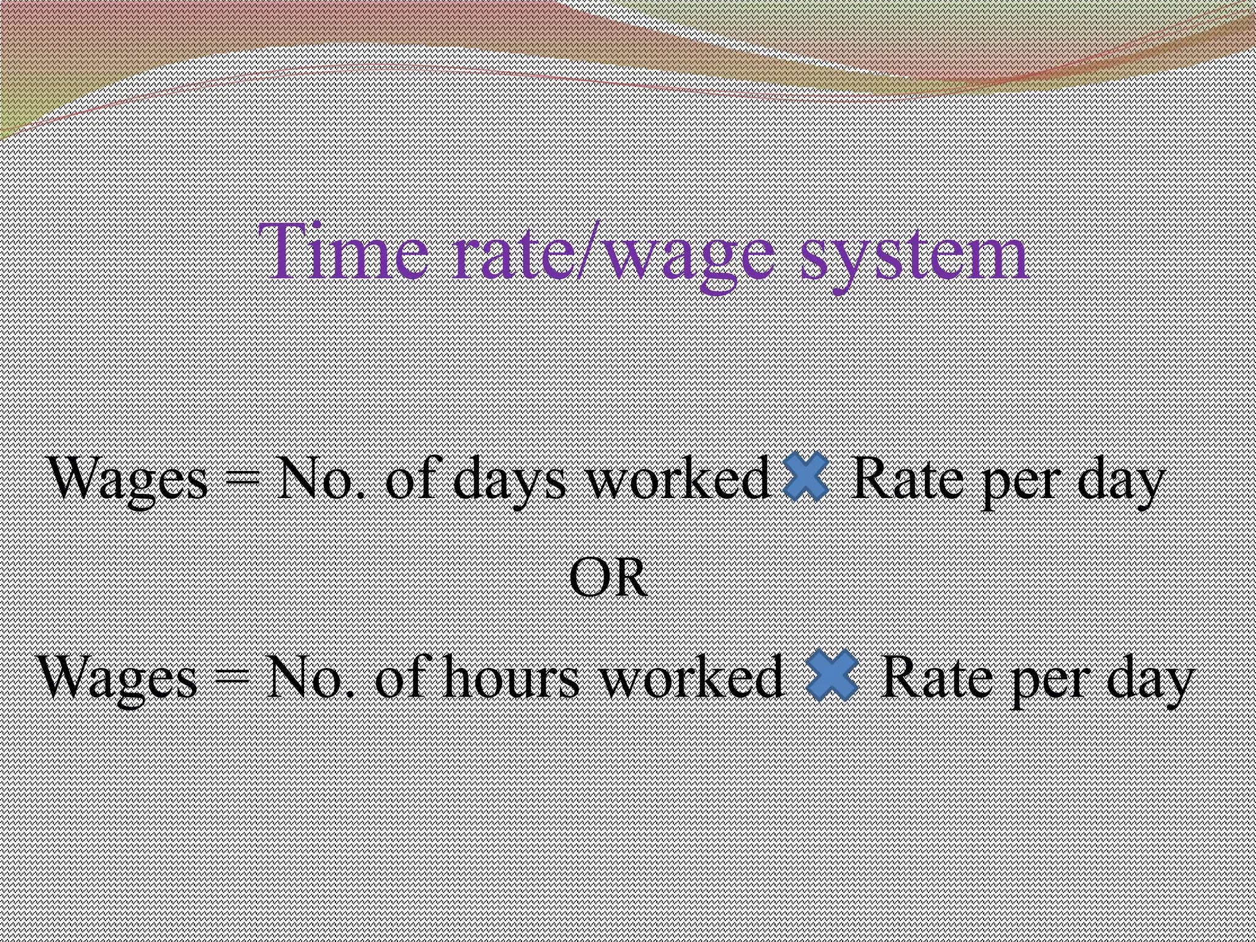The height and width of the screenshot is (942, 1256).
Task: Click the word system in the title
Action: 914,255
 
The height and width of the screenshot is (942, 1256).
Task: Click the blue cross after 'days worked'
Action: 806,477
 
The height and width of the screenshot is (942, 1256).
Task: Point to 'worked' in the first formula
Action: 678,478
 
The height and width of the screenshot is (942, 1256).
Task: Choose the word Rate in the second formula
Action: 935,677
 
